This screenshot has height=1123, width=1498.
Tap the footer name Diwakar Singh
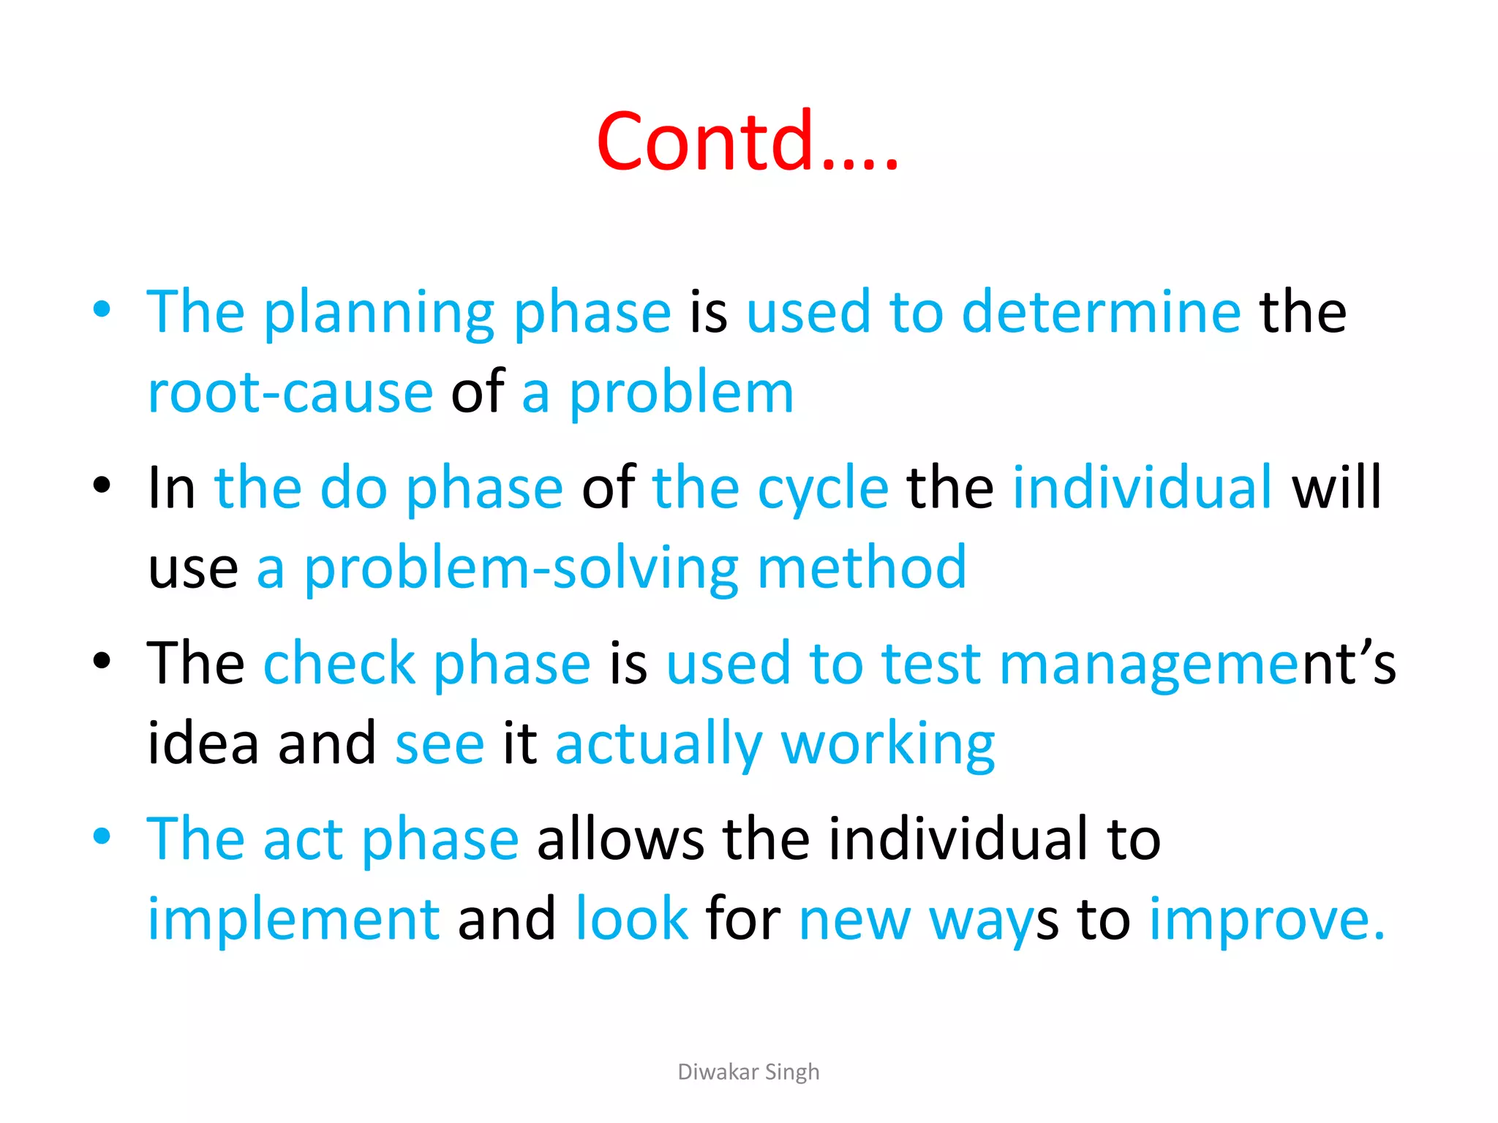click(x=748, y=1072)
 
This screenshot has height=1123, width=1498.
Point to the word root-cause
click(x=290, y=393)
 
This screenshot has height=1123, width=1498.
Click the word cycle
click(x=823, y=488)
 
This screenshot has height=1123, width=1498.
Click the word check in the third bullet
click(x=339, y=663)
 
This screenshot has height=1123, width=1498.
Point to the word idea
click(x=203, y=744)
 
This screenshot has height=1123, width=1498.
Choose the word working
click(x=888, y=744)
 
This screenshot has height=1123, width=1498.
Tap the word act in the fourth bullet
click(x=303, y=839)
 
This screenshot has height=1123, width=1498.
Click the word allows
click(x=620, y=839)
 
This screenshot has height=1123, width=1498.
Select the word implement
click(x=293, y=919)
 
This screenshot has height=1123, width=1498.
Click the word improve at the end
click(x=1266, y=919)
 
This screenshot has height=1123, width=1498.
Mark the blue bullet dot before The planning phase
click(x=102, y=309)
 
